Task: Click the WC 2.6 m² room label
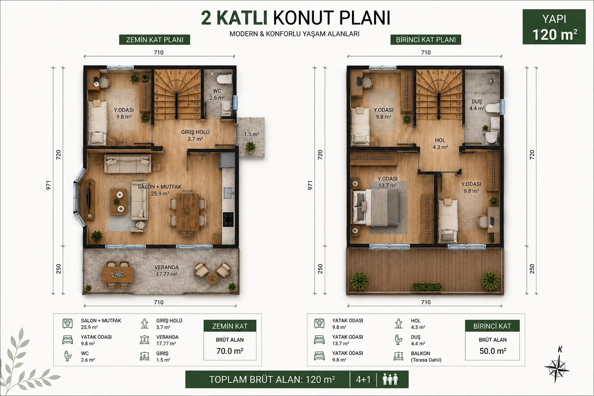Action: coord(217,94)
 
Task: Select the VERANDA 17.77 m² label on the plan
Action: coord(167,271)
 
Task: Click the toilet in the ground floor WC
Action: coord(224,79)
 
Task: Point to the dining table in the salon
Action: coord(188,212)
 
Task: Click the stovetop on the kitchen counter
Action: coord(228,219)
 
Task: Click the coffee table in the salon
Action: coord(119,201)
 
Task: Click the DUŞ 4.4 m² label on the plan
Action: coord(477,105)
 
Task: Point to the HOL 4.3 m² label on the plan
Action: coord(440,143)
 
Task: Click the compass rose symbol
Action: coord(556,367)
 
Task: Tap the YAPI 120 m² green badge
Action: coord(554,27)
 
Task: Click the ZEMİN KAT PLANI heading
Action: coord(155,40)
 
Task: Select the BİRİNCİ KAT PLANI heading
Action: coord(426,40)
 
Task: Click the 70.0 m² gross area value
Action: coord(230,351)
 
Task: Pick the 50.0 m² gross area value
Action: coord(493,351)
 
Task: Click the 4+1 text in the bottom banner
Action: coord(363,379)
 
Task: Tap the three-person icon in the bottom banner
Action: coord(390,379)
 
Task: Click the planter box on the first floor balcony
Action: coord(427,287)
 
